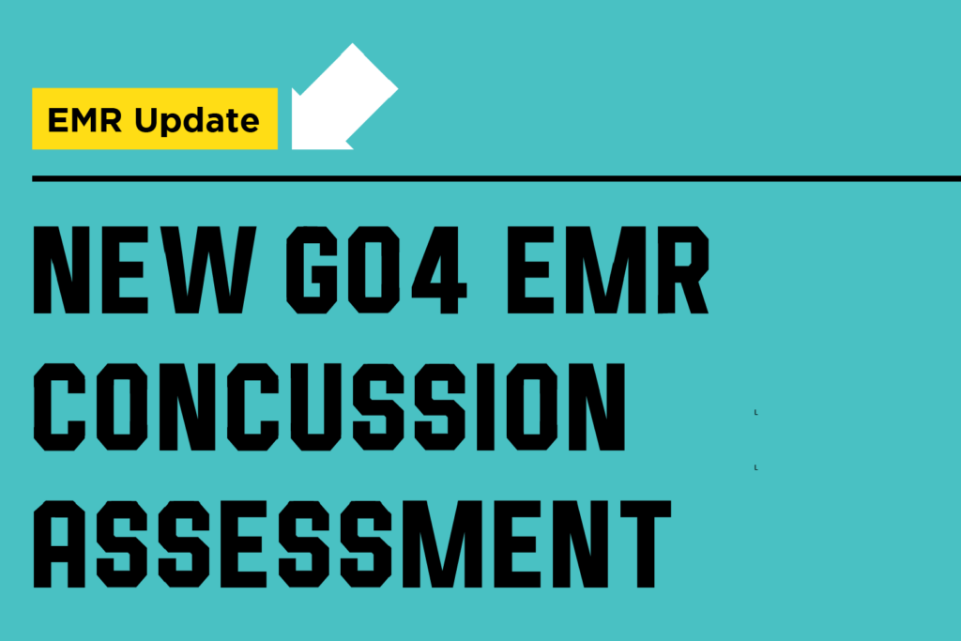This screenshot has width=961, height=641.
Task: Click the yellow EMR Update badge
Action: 155,118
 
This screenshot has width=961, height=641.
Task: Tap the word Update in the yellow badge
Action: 197,121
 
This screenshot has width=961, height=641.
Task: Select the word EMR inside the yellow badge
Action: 84,119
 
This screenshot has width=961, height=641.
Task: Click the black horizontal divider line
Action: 496,178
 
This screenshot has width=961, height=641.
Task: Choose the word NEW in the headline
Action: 144,269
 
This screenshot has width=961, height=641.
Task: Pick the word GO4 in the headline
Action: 376,269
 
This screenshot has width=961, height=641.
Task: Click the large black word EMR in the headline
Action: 608,269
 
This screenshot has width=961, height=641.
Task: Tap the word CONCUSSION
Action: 329,407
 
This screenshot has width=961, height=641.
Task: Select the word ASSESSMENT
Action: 352,544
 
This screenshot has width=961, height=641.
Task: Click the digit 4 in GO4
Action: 439,269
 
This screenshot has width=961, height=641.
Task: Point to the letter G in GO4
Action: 312,269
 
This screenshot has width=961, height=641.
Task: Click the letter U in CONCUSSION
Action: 315,407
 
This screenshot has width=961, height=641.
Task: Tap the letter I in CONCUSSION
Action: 485,407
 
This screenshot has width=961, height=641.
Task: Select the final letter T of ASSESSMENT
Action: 646,544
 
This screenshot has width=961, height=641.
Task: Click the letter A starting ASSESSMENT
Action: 59,544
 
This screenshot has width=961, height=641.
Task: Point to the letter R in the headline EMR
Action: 683,269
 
